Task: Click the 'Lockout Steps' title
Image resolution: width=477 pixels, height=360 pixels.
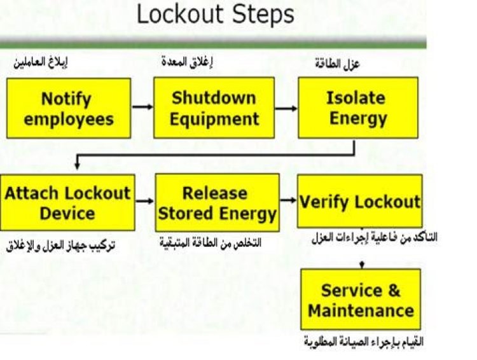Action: coord(216,15)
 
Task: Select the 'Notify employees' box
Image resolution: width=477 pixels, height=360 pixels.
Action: coord(69,108)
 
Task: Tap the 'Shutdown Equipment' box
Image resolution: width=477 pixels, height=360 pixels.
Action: coord(214,107)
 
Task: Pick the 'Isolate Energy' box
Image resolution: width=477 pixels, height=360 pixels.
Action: coord(358,107)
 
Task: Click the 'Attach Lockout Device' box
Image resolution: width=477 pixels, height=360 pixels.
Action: coord(67,202)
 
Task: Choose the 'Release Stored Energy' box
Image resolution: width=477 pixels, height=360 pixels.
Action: coord(218,202)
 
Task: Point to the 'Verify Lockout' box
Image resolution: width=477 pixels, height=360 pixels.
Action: coord(360,201)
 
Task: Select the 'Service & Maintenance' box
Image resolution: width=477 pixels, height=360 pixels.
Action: coord(361,299)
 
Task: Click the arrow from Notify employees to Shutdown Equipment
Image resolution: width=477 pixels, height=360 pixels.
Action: coord(142,107)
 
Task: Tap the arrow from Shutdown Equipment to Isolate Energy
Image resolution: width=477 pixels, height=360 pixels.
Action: coord(286,108)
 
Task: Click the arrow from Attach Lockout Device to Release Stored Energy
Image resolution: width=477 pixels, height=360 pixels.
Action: coord(145,201)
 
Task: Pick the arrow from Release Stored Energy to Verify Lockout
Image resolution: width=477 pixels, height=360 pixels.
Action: coord(288,200)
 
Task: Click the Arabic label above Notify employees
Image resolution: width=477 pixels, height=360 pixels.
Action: coord(41,62)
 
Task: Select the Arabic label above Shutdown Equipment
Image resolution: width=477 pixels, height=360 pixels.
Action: coord(187,62)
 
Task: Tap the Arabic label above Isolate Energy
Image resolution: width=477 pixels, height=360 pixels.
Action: coord(337,64)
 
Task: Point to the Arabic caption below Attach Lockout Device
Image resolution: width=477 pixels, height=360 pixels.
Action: coord(60,246)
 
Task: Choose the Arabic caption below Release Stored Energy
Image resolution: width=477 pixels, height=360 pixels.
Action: coord(211,243)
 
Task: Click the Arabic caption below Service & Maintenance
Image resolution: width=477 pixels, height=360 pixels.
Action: coord(364,342)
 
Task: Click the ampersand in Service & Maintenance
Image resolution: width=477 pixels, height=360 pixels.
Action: coord(394,290)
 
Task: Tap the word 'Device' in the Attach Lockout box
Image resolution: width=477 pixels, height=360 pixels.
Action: coord(67,213)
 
